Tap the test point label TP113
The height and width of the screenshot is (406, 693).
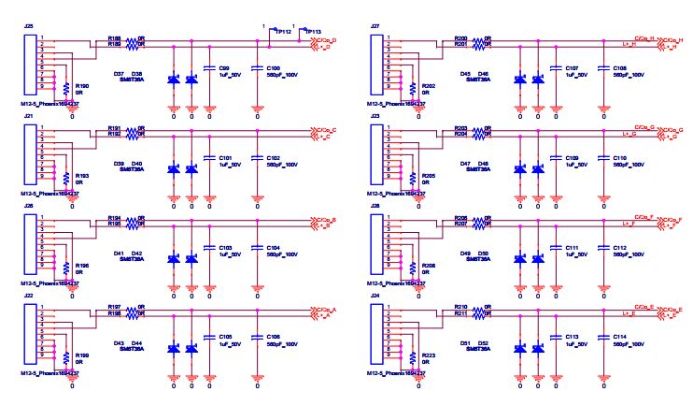pyautogui.click(x=313, y=31)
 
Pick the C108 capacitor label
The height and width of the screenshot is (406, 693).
pyautogui.click(x=620, y=68)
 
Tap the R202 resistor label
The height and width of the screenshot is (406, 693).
pyautogui.click(x=429, y=85)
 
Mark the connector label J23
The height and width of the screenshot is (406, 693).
pyautogui.click(x=375, y=116)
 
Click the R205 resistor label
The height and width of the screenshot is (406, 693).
pyautogui.click(x=429, y=176)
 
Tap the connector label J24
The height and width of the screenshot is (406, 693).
pyautogui.click(x=375, y=296)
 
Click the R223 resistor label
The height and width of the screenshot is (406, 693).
pyautogui.click(x=429, y=355)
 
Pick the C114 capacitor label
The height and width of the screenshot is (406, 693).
pyautogui.click(x=620, y=337)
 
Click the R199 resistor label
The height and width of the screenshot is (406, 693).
pyautogui.click(x=81, y=355)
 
